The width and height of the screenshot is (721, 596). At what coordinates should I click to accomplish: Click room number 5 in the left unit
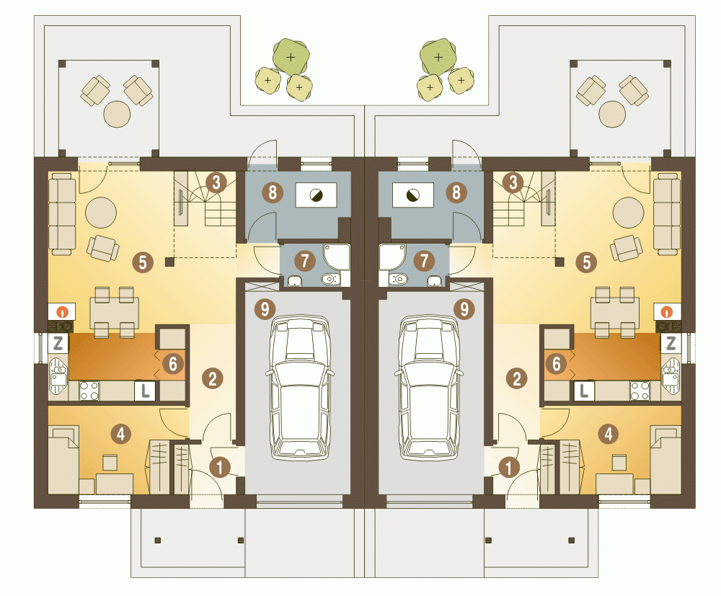(143, 262)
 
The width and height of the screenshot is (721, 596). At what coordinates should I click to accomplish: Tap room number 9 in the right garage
(464, 309)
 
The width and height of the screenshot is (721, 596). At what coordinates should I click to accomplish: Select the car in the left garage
(299, 387)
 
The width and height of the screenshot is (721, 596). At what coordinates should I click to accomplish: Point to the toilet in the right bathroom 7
(399, 278)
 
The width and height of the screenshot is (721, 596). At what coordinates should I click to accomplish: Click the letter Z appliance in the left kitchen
(58, 343)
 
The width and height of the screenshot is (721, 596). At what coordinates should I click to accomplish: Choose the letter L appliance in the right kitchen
(584, 391)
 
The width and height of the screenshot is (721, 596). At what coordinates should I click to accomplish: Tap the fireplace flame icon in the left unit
(62, 311)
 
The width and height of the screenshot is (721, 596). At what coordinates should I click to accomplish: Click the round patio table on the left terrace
(118, 113)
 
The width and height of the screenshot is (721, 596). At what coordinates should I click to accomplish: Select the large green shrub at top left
(291, 56)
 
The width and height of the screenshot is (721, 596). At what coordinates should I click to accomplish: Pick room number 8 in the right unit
(456, 192)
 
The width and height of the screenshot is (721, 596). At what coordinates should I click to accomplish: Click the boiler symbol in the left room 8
(316, 195)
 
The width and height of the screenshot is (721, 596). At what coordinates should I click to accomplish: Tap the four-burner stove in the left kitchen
(89, 391)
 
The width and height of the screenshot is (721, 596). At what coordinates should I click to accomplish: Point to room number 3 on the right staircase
(513, 182)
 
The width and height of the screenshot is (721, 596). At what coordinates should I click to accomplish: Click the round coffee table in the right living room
(628, 213)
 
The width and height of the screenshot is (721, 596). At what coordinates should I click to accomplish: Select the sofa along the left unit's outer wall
(62, 213)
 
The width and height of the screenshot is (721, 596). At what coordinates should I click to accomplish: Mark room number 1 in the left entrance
(220, 467)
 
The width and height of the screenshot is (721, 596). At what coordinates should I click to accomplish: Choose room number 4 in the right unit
(609, 433)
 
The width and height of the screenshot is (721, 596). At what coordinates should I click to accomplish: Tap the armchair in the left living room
(103, 248)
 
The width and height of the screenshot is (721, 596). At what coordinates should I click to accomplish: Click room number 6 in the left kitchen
(173, 363)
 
